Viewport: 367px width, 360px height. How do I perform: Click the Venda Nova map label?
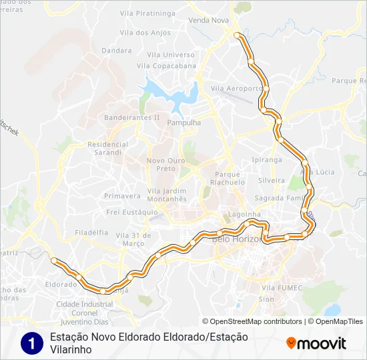208,21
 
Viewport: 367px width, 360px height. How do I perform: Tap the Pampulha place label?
183,123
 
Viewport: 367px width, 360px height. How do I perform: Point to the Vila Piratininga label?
147,12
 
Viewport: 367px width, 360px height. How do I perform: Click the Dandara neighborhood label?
117,50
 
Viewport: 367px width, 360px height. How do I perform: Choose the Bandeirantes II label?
132,117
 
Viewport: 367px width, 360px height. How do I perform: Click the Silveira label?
272,181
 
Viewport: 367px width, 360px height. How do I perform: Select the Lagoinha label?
239,215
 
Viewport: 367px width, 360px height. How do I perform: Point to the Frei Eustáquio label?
131,212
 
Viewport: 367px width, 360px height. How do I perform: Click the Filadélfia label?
92,233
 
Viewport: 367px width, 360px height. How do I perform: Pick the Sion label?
266,299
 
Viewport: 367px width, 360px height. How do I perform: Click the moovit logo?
316,343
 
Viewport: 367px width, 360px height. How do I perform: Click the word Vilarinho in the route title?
71,349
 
